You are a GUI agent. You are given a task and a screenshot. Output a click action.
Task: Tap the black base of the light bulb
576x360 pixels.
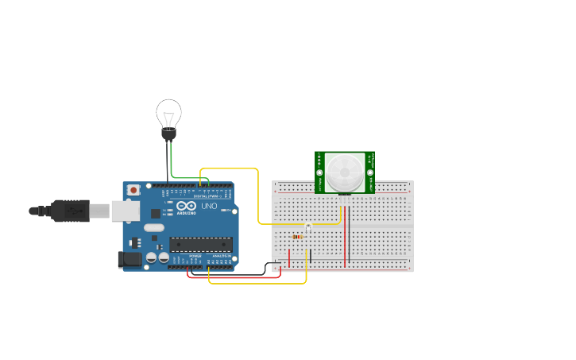[x=168, y=135]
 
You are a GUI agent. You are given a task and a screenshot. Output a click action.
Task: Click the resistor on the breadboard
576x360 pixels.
[x=298, y=236]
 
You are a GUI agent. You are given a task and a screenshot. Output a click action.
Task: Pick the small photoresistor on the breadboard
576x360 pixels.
[x=308, y=228]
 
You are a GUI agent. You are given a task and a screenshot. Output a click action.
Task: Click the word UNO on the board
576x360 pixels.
[x=209, y=206]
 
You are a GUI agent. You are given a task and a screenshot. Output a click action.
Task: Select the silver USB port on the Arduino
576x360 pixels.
[x=124, y=210]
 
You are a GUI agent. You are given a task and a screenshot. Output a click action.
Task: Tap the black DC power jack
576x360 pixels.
[x=129, y=260]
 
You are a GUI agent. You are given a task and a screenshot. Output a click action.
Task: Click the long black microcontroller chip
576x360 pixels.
[x=201, y=244]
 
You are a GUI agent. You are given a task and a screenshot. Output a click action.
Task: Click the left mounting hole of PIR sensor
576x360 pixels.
[x=320, y=172]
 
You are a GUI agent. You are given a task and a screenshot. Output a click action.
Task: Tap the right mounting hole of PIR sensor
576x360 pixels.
[x=370, y=172]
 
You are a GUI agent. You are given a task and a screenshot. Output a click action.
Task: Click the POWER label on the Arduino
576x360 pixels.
[x=195, y=255]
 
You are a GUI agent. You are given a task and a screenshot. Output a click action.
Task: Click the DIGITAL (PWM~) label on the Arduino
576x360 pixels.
[x=208, y=196]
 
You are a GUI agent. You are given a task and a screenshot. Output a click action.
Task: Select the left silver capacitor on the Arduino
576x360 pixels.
[x=151, y=257]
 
